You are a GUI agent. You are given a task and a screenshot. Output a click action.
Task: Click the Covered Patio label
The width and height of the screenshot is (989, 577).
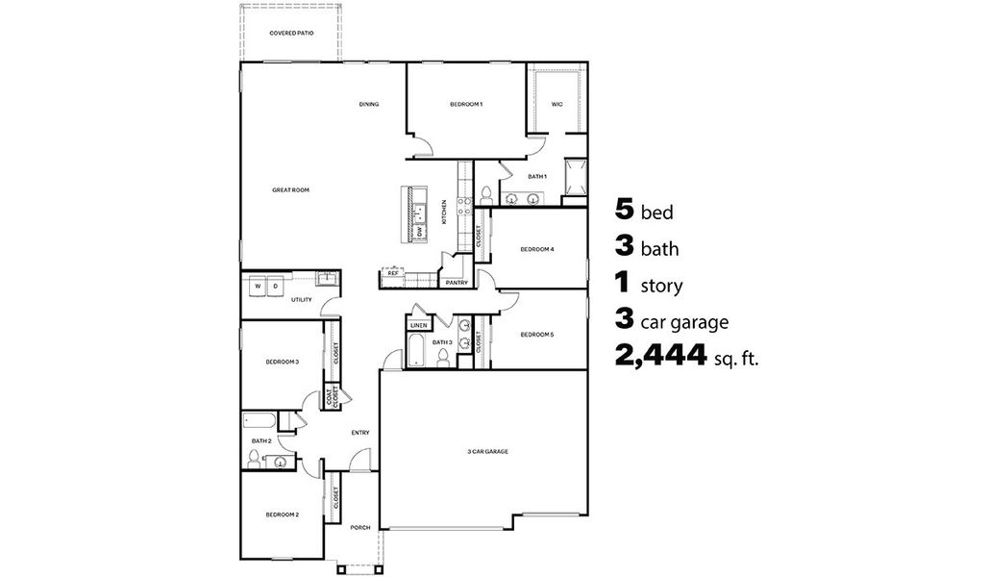click(291, 33)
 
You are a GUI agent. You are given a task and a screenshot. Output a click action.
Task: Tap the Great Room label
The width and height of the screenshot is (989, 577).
click(290, 190)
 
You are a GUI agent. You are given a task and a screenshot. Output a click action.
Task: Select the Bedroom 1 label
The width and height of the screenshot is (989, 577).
click(466, 104)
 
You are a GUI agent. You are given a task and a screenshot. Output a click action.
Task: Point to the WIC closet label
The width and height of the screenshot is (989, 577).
click(556, 104)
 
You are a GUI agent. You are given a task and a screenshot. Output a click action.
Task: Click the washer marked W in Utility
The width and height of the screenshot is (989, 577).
click(258, 286)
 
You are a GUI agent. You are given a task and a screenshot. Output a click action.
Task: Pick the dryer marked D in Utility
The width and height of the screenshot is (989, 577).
click(275, 286)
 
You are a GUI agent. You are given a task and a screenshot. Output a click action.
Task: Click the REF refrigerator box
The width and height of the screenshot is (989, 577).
click(392, 274)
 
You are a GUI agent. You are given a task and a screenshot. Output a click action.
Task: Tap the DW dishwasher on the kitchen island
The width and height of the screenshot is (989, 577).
click(421, 232)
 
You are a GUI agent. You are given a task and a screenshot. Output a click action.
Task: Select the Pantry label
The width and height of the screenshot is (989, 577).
click(457, 283)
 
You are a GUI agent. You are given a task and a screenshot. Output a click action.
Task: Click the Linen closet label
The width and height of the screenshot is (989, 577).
click(418, 326)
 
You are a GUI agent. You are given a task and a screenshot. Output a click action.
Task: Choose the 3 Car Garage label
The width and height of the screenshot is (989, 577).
click(487, 451)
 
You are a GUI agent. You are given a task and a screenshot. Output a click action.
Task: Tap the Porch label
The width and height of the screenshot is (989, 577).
click(360, 527)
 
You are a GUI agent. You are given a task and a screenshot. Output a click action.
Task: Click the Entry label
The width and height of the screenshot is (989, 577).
click(359, 433)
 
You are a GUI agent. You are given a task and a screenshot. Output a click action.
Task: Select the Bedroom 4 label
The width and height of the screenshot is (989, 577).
click(537, 249)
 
